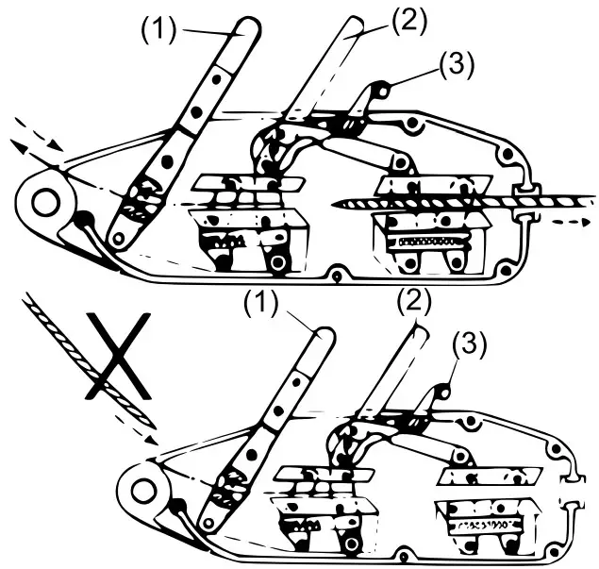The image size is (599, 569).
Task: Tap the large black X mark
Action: [x=117, y=356]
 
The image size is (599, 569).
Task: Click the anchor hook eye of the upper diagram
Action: [x=43, y=201]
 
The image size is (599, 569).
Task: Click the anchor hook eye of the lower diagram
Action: [x=142, y=491]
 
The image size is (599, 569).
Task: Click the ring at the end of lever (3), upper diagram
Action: [x=383, y=91]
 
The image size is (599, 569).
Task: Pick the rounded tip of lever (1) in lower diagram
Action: [x=321, y=335]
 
